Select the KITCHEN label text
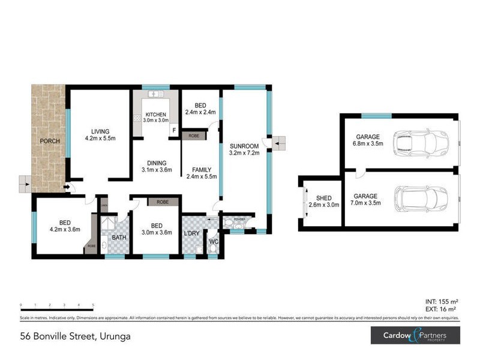(156, 114)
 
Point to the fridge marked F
(174, 130)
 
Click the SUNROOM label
(244, 146)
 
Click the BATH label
(119, 238)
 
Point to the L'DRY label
(192, 233)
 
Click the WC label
(213, 243)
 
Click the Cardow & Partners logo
(414, 336)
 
